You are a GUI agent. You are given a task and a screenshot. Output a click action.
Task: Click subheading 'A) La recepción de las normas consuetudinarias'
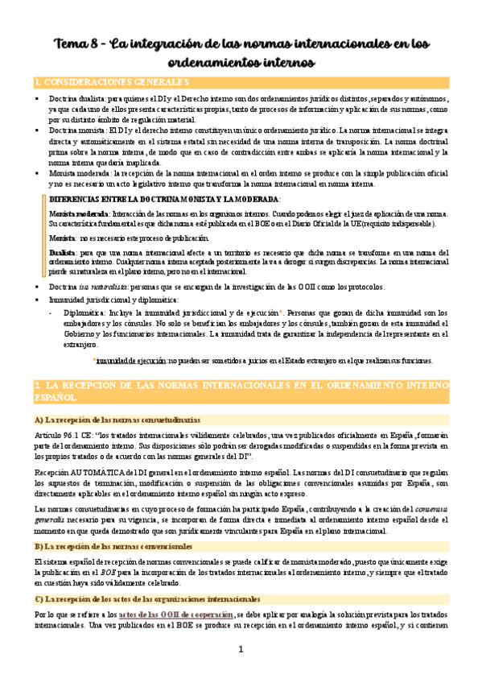[117, 420]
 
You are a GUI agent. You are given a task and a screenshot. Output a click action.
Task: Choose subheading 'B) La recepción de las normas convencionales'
[110, 547]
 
